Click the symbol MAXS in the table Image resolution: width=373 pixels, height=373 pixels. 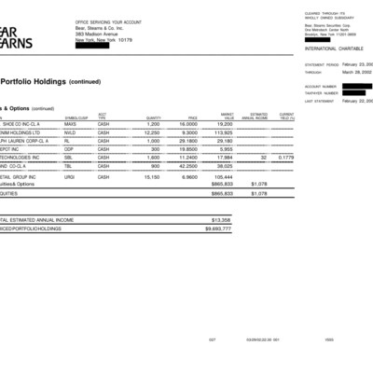point(71,123)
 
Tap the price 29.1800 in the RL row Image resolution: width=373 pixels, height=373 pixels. point(187,140)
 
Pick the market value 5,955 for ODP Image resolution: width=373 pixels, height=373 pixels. point(226,148)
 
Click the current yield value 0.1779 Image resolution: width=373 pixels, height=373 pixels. point(285,158)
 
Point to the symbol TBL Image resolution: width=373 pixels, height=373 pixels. point(69,166)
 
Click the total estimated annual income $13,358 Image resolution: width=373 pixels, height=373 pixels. point(220,219)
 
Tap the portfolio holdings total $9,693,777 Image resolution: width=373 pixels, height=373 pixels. point(217,228)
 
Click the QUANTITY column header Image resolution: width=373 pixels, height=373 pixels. point(154,117)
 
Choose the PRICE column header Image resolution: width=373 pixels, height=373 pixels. point(192,117)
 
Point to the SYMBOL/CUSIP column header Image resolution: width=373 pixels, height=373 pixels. point(76,117)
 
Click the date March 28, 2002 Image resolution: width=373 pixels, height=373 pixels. point(356,71)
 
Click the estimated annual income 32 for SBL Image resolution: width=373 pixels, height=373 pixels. point(264,158)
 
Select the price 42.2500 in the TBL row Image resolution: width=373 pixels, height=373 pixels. point(187,166)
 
